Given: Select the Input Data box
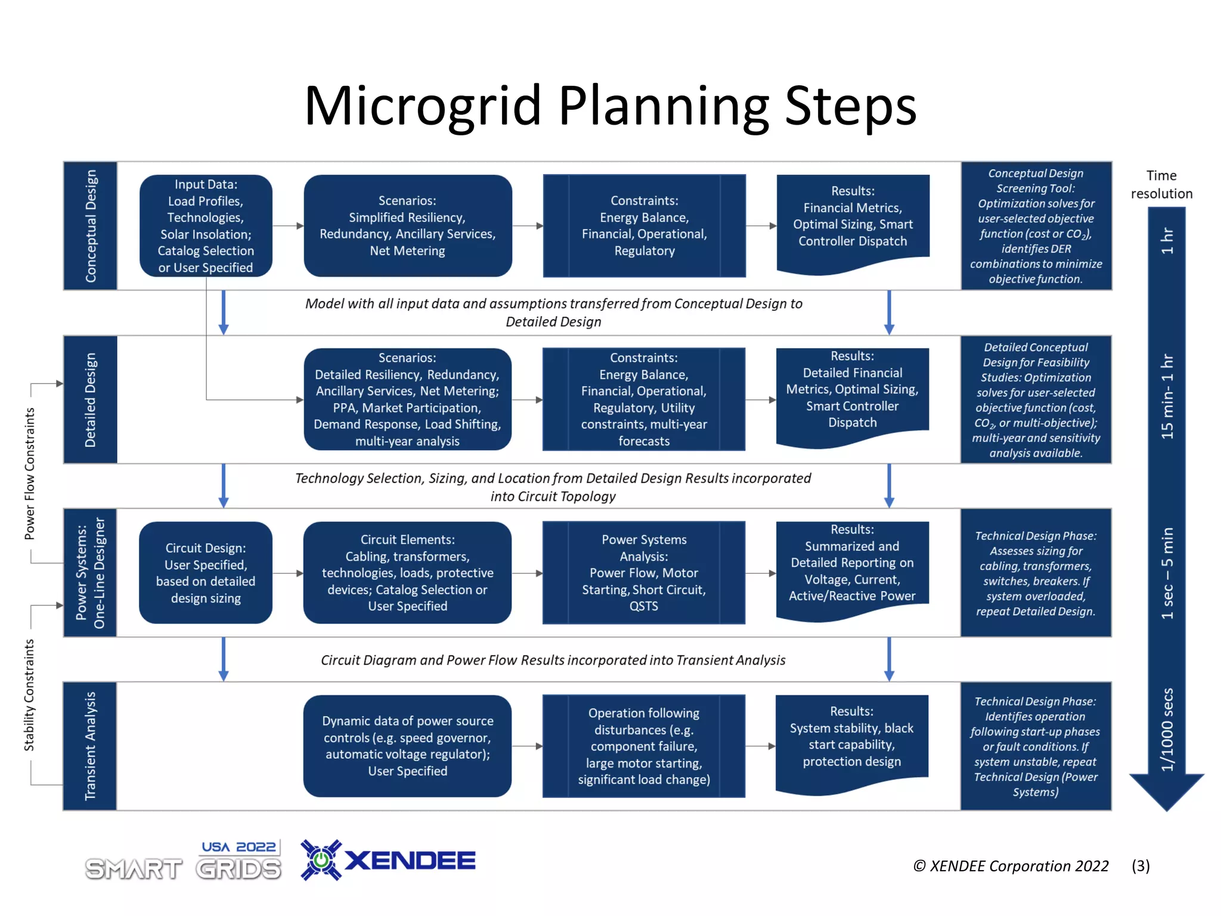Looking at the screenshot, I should tap(206, 225).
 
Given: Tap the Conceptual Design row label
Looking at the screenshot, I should tap(91, 225).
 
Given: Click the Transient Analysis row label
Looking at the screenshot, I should tap(90, 745).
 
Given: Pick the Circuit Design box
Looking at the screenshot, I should tap(206, 572).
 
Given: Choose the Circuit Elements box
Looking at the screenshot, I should tap(407, 572).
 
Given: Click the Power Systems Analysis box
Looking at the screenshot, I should tap(644, 572).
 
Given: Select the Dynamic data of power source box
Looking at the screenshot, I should tap(407, 745).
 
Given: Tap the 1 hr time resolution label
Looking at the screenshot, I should tap(1167, 241).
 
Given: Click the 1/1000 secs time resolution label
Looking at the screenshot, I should tap(1167, 730).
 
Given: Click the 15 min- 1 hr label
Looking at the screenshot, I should tap(1167, 397).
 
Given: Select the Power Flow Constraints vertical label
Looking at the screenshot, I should tap(29, 474).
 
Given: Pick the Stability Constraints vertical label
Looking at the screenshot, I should tap(29, 695).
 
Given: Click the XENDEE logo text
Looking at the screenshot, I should tap(410, 861).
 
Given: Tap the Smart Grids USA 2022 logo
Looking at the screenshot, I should tap(183, 861).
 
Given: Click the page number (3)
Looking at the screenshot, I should tap(1141, 866).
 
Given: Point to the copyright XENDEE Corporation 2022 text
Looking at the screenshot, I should tap(1011, 866).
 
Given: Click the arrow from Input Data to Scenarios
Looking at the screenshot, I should tap(288, 226).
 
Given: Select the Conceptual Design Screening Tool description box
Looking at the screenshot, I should tap(1036, 225).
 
